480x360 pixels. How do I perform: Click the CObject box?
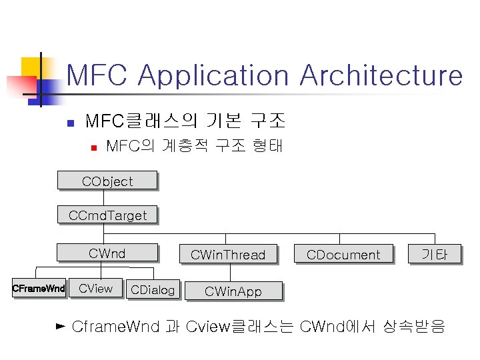[107, 181]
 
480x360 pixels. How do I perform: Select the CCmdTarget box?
[107, 215]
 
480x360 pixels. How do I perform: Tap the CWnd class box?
[107, 253]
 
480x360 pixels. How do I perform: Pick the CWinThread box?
[227, 254]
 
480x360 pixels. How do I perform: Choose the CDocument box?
[343, 254]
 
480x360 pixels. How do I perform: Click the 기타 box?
[434, 254]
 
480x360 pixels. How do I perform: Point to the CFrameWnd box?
[39, 289]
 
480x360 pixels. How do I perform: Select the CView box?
[96, 289]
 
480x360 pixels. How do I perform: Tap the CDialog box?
[153, 289]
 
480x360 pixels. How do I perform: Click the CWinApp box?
[233, 291]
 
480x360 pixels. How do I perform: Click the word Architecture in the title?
[381, 75]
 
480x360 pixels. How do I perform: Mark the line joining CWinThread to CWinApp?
[231, 273]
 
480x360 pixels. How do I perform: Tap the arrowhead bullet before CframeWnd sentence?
[61, 326]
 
